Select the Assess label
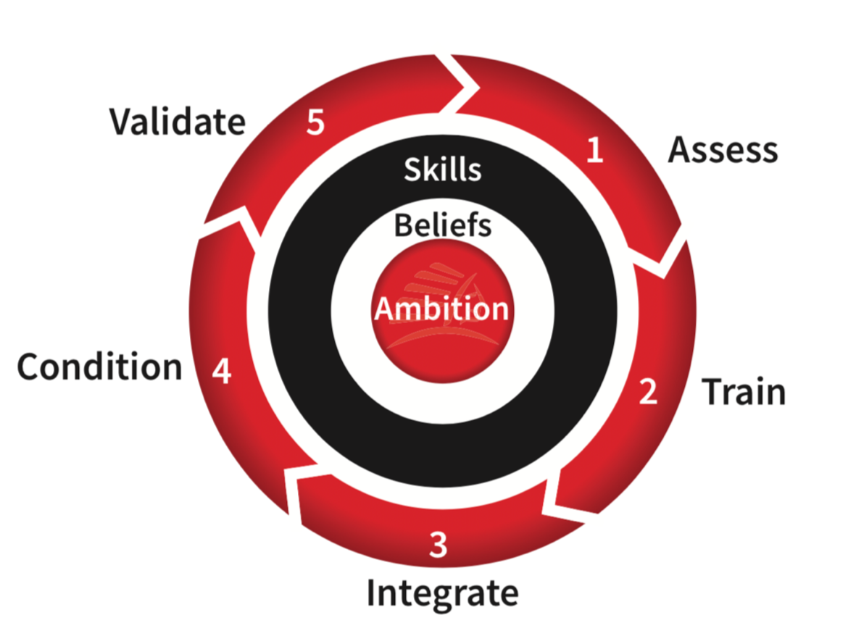tap(723, 149)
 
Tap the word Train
tap(744, 392)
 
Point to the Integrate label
tap(442, 592)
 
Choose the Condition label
tap(100, 367)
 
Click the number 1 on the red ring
tap(595, 150)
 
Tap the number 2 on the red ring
tap(648, 391)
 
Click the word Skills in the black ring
tap(442, 170)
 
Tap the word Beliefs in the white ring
tap(442, 225)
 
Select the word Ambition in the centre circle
tap(441, 309)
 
